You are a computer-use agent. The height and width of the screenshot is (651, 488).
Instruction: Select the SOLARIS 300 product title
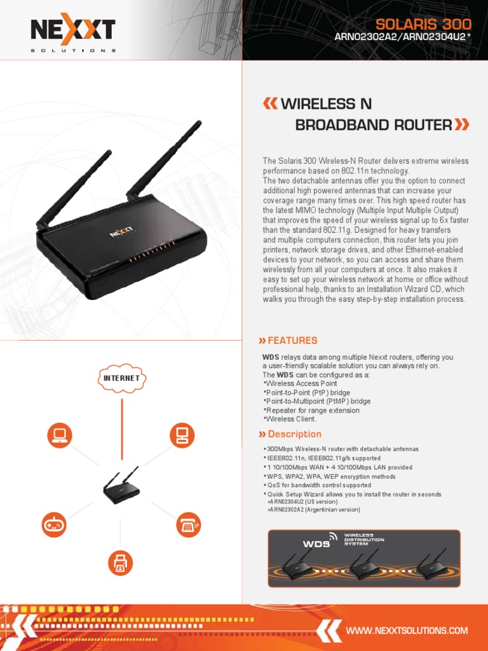[x=423, y=24]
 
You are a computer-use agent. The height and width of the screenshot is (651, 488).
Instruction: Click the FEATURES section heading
[x=292, y=341]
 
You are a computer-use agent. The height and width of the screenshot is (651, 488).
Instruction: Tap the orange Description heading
[x=294, y=434]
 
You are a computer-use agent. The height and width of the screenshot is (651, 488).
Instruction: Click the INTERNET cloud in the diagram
[x=121, y=378]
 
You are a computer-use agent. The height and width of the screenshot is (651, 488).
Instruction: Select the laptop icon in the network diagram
[x=60, y=435]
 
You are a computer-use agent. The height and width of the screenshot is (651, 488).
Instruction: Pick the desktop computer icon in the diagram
[x=182, y=435]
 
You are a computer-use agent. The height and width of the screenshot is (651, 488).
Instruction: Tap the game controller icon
[x=53, y=524]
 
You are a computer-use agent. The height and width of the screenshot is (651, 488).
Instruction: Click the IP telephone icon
[x=188, y=524]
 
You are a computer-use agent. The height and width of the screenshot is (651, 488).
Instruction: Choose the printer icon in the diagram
[x=121, y=562]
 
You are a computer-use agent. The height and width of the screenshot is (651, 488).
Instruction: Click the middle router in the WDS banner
[x=364, y=564]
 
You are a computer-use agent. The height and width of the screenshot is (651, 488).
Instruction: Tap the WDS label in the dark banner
[x=316, y=544]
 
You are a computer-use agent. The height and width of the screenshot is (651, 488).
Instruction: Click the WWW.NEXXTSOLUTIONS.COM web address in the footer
[x=407, y=631]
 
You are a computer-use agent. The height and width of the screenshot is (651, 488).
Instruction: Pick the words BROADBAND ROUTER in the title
[x=373, y=125]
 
